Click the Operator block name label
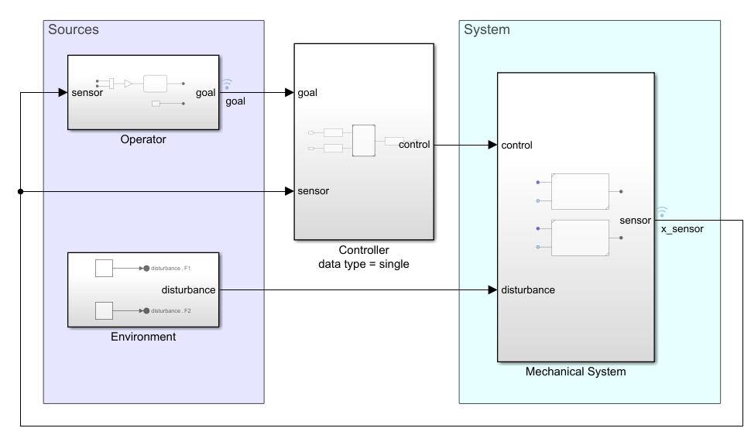[x=143, y=141]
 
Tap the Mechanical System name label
[x=575, y=372]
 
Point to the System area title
[x=487, y=30]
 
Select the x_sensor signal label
[x=682, y=230]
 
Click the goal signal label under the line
[x=235, y=101]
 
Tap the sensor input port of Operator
[x=87, y=93]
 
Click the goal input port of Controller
[x=307, y=93]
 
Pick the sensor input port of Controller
[x=313, y=191]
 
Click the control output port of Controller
[x=414, y=144]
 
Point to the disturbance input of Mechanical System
[x=528, y=290]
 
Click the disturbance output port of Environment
[x=192, y=290]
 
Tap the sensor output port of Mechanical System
[x=635, y=221]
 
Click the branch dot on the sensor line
[x=20, y=191]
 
